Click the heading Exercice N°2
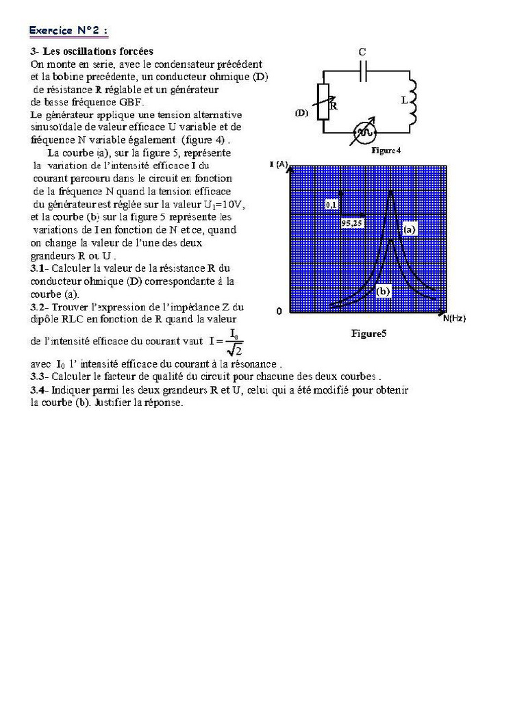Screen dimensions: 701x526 (x=68, y=31)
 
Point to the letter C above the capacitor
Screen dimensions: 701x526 (x=362, y=52)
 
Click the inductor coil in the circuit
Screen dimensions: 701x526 (x=413, y=102)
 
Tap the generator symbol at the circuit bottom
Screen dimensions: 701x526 (x=365, y=131)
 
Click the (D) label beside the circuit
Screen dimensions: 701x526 (x=302, y=113)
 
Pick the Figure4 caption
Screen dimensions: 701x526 (x=386, y=150)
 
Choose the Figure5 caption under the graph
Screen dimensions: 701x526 (x=369, y=334)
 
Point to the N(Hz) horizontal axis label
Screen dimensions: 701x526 (x=454, y=318)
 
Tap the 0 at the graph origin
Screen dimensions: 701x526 (x=279, y=311)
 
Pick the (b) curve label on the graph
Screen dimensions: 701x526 (x=383, y=291)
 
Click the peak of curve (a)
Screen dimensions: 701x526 (x=390, y=192)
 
